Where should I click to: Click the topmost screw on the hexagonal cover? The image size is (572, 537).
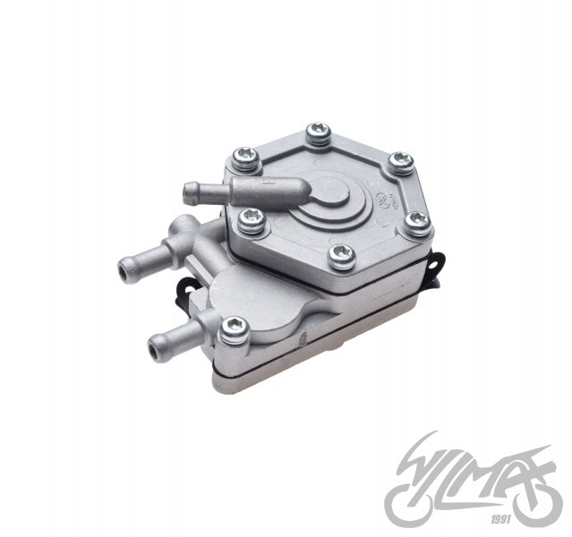pyautogui.click(x=316, y=134)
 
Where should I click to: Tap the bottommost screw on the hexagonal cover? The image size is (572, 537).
pyautogui.click(x=339, y=255)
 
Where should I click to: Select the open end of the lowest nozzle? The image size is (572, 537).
pyautogui.click(x=153, y=339)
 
